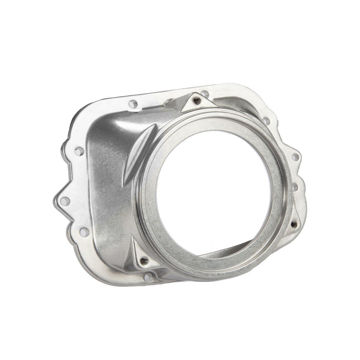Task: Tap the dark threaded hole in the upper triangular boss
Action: click(x=197, y=101)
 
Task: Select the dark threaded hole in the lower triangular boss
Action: click(x=145, y=260)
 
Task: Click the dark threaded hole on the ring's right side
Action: click(x=294, y=225)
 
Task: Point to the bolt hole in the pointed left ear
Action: click(x=65, y=201)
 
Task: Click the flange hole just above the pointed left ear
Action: click(x=79, y=151)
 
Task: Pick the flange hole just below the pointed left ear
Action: click(x=83, y=231)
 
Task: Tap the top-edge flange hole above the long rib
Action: click(x=133, y=104)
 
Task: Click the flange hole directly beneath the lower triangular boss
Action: click(x=148, y=277)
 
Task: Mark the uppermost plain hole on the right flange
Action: click(x=266, y=121)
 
